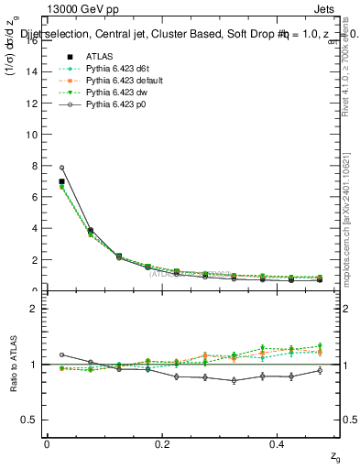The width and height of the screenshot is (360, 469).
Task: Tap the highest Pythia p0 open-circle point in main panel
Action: coord(61,168)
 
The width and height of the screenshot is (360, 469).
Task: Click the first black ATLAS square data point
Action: coord(61,181)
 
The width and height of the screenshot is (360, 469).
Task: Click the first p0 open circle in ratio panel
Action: coord(61,354)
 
